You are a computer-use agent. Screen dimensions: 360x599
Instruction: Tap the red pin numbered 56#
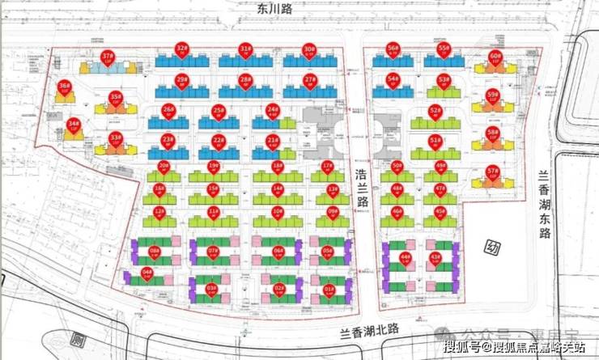tap(393, 49)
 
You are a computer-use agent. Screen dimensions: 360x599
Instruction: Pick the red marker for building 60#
tap(495, 58)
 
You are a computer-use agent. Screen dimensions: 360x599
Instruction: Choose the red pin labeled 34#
tap(74, 125)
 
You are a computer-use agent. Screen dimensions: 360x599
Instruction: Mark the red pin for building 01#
tap(329, 290)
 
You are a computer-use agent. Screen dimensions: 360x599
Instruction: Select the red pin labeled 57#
tap(492, 172)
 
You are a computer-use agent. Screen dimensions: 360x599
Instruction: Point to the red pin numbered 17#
tap(327, 167)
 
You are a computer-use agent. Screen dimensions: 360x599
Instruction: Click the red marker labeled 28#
tap(244, 80)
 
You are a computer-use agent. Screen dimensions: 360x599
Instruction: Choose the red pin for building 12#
tap(159, 213)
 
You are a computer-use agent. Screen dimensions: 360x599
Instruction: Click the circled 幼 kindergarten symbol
tap(491, 248)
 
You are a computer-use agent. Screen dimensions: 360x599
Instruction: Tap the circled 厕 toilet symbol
tap(79, 341)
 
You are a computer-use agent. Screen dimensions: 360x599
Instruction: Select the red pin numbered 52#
tap(435, 112)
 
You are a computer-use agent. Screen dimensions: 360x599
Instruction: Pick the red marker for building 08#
tap(154, 252)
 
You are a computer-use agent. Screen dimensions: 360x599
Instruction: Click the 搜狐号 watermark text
tap(458, 347)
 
